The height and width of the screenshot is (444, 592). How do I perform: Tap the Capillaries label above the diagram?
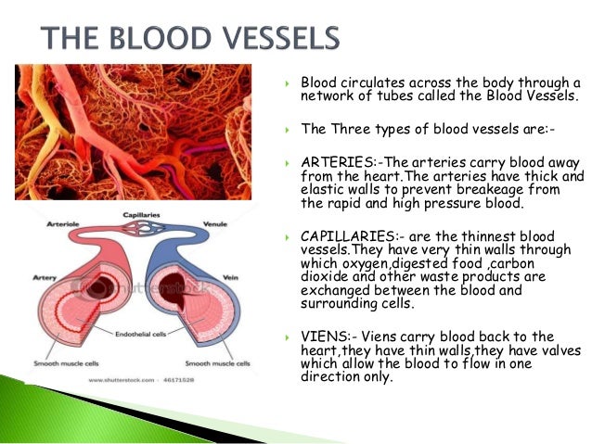(x=143, y=215)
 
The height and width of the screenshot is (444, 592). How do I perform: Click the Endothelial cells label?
(x=142, y=331)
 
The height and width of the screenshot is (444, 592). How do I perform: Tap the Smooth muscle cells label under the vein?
(x=218, y=363)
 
